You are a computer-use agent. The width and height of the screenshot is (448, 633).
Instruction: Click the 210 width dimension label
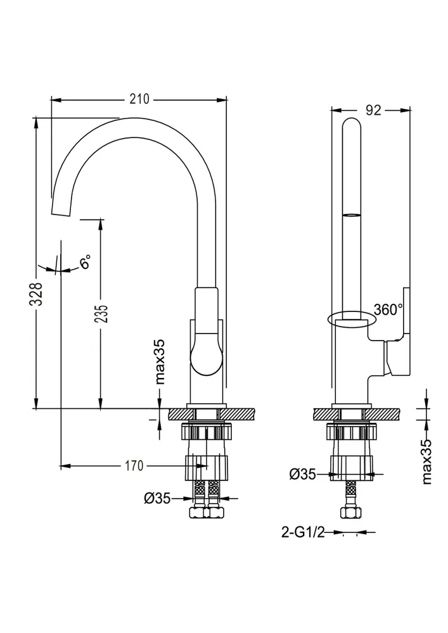139,99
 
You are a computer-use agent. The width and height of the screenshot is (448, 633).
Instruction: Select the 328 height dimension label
39,294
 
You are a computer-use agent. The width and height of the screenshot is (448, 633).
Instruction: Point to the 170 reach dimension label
132,467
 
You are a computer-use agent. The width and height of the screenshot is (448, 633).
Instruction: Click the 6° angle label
85,262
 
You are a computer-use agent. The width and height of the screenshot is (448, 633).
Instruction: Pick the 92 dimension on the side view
373,110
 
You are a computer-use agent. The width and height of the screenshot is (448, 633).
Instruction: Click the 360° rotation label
388,310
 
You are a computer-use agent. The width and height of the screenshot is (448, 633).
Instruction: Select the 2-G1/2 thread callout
302,533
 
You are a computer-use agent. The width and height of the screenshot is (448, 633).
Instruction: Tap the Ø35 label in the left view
158,499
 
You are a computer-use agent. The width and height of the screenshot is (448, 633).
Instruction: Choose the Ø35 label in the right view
302,473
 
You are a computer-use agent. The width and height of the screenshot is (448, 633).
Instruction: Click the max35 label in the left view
160,361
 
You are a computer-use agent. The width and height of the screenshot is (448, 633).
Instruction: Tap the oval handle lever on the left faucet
205,354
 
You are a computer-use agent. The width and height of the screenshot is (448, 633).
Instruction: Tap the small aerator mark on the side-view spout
352,216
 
